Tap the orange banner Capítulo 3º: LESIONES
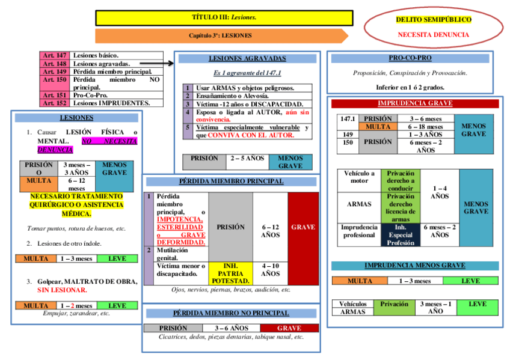[221, 36]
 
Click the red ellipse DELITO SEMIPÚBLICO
[433, 27]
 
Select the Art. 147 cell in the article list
[55, 55]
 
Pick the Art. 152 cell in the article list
[55, 103]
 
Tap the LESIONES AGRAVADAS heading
[247, 59]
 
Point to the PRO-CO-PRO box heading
[410, 58]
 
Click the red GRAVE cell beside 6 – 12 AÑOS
[303, 227]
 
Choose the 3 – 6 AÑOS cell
[232, 328]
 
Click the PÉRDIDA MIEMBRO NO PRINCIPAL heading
[231, 313]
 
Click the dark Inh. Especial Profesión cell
[401, 235]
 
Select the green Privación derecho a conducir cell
[401, 180]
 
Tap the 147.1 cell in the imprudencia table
[348, 119]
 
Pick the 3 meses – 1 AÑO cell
[435, 308]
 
